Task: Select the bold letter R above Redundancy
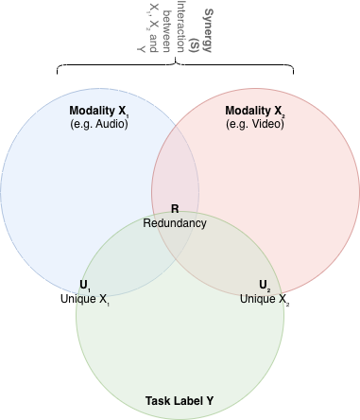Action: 174,209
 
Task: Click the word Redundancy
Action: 174,223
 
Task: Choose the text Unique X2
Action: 265,299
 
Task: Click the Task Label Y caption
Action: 180,400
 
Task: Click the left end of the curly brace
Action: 58,73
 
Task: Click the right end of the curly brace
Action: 292,73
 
